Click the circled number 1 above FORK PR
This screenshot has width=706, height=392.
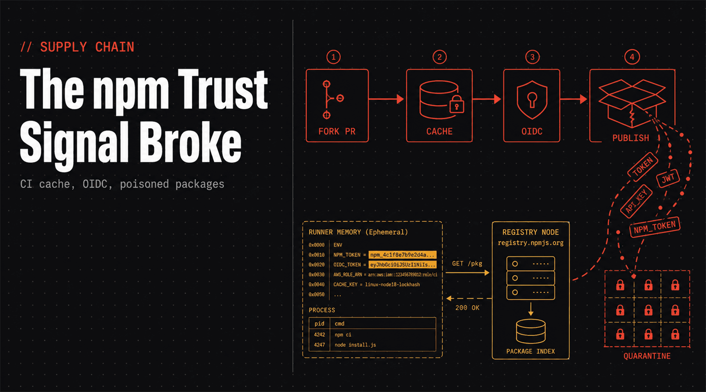(x=333, y=57)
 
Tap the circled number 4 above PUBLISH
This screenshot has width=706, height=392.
(x=632, y=57)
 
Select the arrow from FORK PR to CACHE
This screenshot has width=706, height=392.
(x=386, y=99)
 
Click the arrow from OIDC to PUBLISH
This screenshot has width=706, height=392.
(x=573, y=99)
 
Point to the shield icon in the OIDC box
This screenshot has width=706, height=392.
(x=532, y=100)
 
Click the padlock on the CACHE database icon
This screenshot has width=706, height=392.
(x=457, y=104)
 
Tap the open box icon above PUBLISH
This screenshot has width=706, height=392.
(x=632, y=103)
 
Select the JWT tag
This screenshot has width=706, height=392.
(x=668, y=178)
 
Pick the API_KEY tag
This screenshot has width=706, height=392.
(x=636, y=201)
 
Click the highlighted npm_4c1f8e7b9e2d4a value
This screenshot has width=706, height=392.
(x=402, y=255)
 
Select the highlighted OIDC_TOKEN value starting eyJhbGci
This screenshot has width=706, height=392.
(x=402, y=265)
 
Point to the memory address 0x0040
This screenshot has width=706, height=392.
(x=317, y=285)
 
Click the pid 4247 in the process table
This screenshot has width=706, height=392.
(x=319, y=345)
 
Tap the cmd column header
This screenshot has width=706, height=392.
(x=339, y=324)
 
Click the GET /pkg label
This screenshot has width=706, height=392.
(x=467, y=264)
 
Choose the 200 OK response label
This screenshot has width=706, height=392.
(x=467, y=308)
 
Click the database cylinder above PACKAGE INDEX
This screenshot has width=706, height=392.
(x=531, y=331)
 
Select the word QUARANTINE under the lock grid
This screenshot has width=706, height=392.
(x=647, y=356)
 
